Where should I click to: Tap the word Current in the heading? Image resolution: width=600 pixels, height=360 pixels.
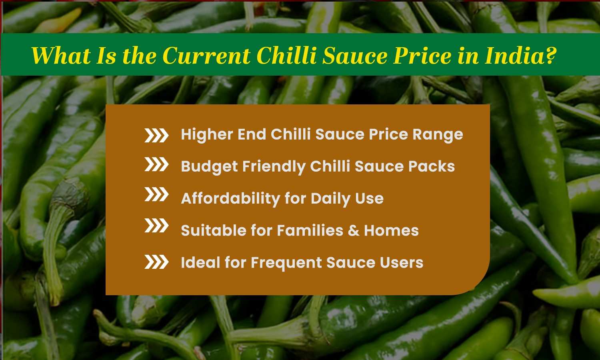pyautogui.click(x=206, y=55)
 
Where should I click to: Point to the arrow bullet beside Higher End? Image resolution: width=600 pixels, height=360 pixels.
pyautogui.click(x=156, y=136)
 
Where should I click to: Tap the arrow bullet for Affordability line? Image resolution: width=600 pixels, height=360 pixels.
pyautogui.click(x=156, y=195)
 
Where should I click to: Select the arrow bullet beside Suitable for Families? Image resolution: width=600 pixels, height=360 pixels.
pyautogui.click(x=156, y=226)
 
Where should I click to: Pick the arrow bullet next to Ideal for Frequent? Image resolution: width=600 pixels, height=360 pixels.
pyautogui.click(x=156, y=262)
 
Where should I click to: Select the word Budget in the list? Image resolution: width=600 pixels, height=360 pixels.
pyautogui.click(x=209, y=167)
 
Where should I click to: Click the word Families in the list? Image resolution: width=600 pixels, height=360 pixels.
pyautogui.click(x=310, y=230)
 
